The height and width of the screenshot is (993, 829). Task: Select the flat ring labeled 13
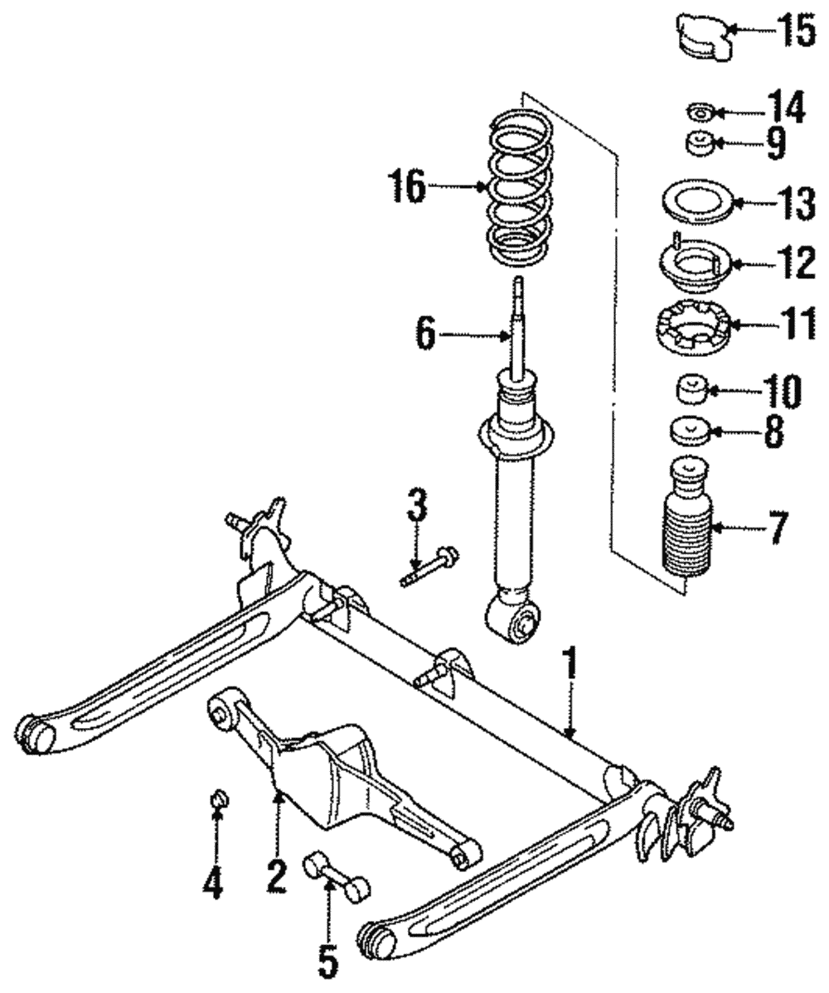coord(693,204)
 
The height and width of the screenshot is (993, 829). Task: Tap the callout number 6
coord(424,334)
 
